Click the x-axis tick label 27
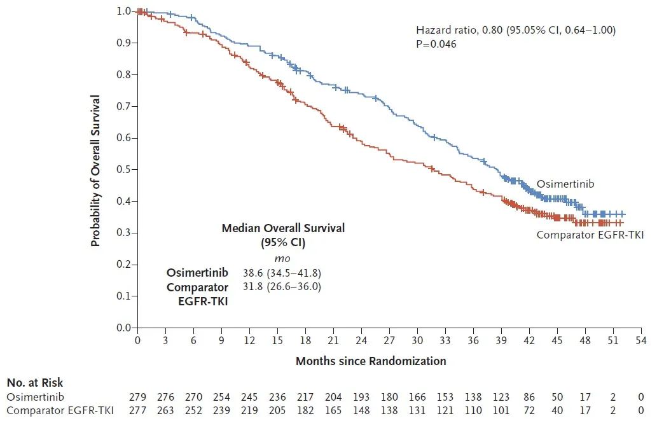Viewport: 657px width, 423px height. pyautogui.click(x=389, y=341)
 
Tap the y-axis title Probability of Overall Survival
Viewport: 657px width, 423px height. pyautogui.click(x=95, y=170)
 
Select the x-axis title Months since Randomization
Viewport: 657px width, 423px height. pyautogui.click(x=371, y=361)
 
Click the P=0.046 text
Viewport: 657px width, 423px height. pyautogui.click(x=436, y=44)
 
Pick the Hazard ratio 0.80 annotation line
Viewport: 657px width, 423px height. pyautogui.click(x=515, y=30)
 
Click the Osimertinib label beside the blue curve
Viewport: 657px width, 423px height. pyautogui.click(x=565, y=184)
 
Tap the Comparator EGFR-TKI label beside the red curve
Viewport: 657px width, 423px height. pyautogui.click(x=590, y=235)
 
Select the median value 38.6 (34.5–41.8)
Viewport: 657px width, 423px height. pyautogui.click(x=282, y=273)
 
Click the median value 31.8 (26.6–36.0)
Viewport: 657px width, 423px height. pyautogui.click(x=282, y=286)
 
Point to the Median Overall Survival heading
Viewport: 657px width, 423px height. pyautogui.click(x=283, y=228)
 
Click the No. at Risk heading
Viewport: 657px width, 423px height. pyautogui.click(x=35, y=383)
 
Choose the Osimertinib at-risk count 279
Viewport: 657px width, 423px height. pyautogui.click(x=138, y=397)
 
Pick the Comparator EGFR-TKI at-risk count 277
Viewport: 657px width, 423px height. pyautogui.click(x=138, y=410)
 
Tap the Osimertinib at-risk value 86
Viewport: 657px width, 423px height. pyautogui.click(x=529, y=397)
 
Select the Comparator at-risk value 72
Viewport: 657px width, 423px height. pyautogui.click(x=529, y=410)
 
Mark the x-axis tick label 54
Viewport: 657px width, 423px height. pyautogui.click(x=641, y=341)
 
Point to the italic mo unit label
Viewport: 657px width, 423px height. pyautogui.click(x=282, y=259)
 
